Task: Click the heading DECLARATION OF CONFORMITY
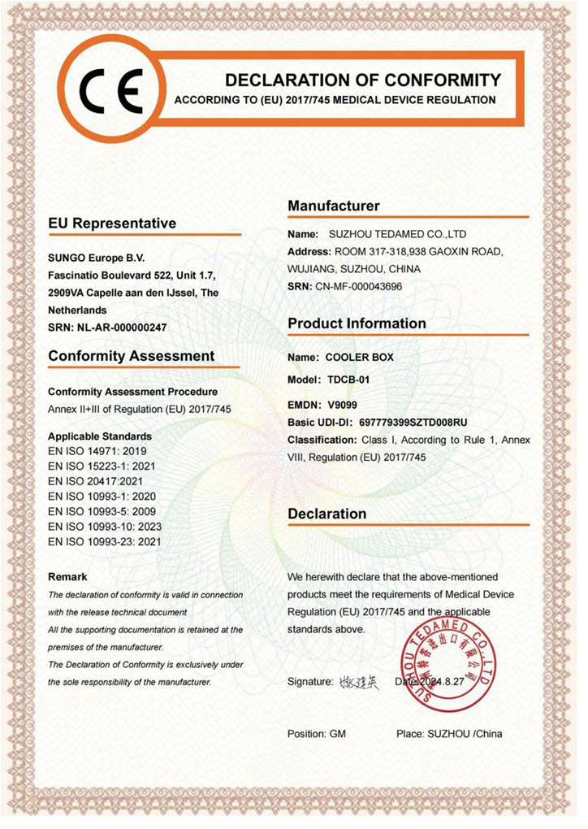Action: coord(362,80)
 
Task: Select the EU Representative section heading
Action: coord(112,223)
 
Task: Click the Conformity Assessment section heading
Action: coord(132,356)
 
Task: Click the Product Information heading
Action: coord(357,323)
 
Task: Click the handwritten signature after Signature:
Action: coord(359,683)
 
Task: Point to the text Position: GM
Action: coord(317,734)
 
